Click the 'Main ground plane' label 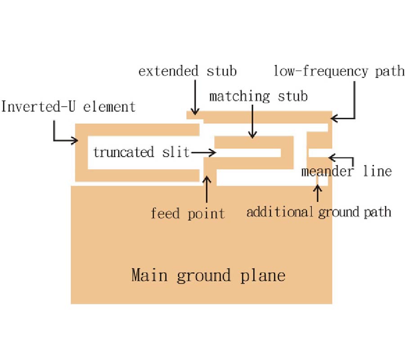point(208,275)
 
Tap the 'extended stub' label point(187,71)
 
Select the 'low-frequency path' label point(339,71)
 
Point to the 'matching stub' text point(258,96)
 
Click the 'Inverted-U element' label point(68,107)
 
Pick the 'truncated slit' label point(141,152)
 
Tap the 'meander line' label point(346,171)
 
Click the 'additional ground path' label point(319,211)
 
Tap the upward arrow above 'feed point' point(207,189)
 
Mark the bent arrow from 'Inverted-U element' point(63,135)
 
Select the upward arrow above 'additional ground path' point(318,193)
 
